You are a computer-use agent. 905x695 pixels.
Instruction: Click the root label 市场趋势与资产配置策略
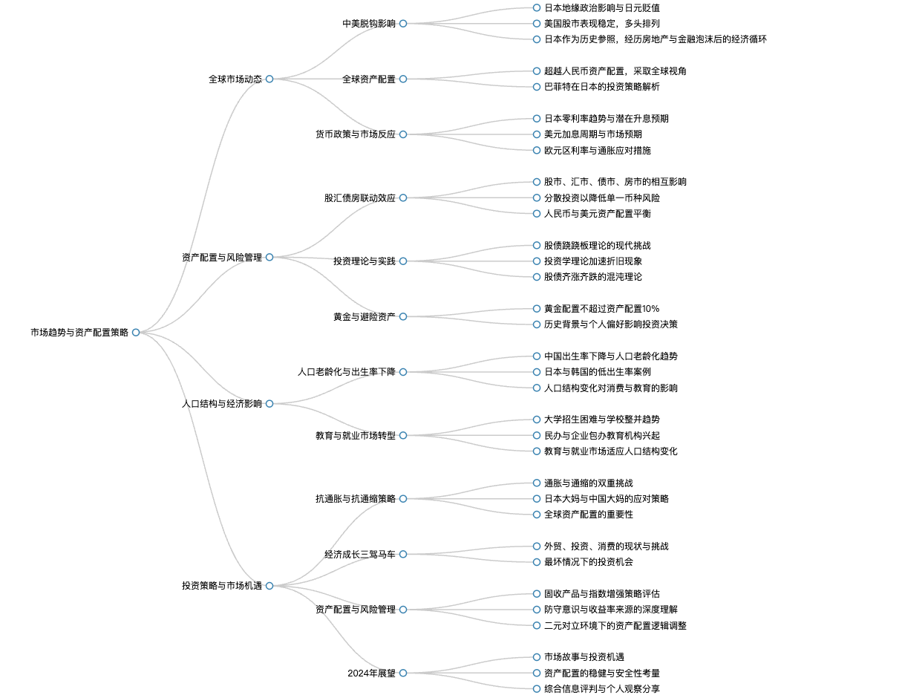79,333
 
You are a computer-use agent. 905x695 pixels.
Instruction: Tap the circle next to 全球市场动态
269,79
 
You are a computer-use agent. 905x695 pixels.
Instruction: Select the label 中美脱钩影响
369,23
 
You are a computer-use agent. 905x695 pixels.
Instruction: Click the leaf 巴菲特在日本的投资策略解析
602,87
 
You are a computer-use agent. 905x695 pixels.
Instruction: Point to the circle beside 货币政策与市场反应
403,134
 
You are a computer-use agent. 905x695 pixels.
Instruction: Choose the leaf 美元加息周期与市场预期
593,134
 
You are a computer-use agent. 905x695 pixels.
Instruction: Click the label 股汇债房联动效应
360,198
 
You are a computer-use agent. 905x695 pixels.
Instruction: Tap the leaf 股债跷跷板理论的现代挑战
597,245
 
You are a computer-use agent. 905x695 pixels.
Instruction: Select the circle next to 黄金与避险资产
403,316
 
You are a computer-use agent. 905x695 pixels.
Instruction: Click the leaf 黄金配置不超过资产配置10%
602,309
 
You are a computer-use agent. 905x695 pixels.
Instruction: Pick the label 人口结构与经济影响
222,403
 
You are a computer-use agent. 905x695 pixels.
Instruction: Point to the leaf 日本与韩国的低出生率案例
597,372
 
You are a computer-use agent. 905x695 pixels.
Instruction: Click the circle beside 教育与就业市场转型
403,435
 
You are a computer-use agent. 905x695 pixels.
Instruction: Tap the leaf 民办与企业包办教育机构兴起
602,435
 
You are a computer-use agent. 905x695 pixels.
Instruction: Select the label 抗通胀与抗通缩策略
356,498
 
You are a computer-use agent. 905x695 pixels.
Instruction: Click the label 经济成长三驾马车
360,554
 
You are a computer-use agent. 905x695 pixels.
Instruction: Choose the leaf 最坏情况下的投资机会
589,562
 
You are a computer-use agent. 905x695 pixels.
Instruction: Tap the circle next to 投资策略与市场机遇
269,586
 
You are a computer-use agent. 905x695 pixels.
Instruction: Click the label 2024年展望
371,673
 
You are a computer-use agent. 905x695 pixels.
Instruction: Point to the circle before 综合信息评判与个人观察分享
537,689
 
